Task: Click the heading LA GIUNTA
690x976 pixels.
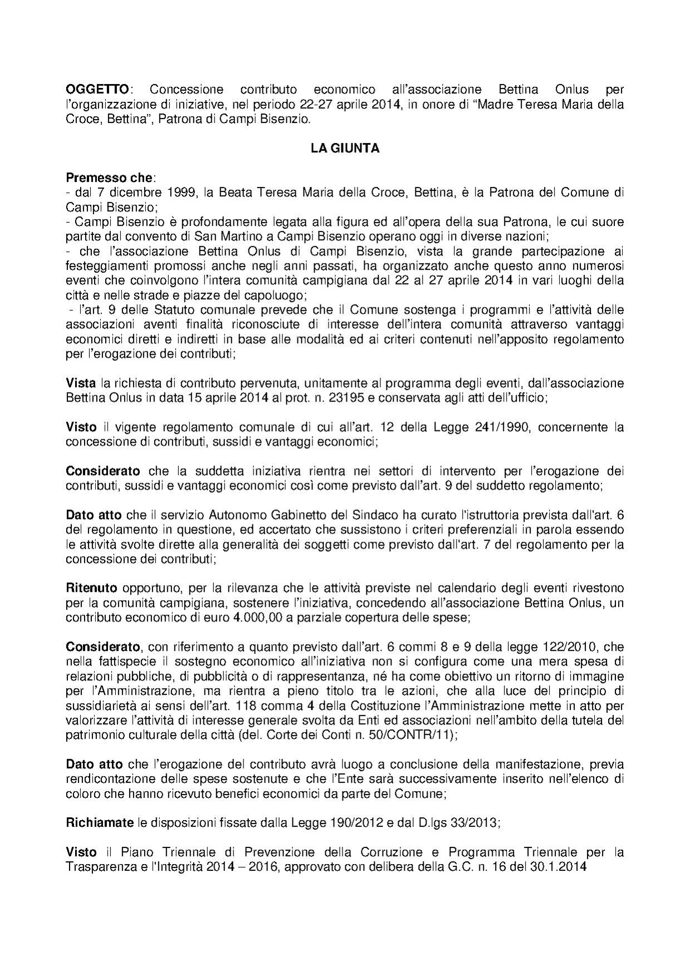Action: pos(345,149)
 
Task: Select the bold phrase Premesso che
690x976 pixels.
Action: pos(109,178)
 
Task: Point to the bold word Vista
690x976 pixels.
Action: pos(81,383)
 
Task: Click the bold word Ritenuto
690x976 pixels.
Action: pos(91,588)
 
